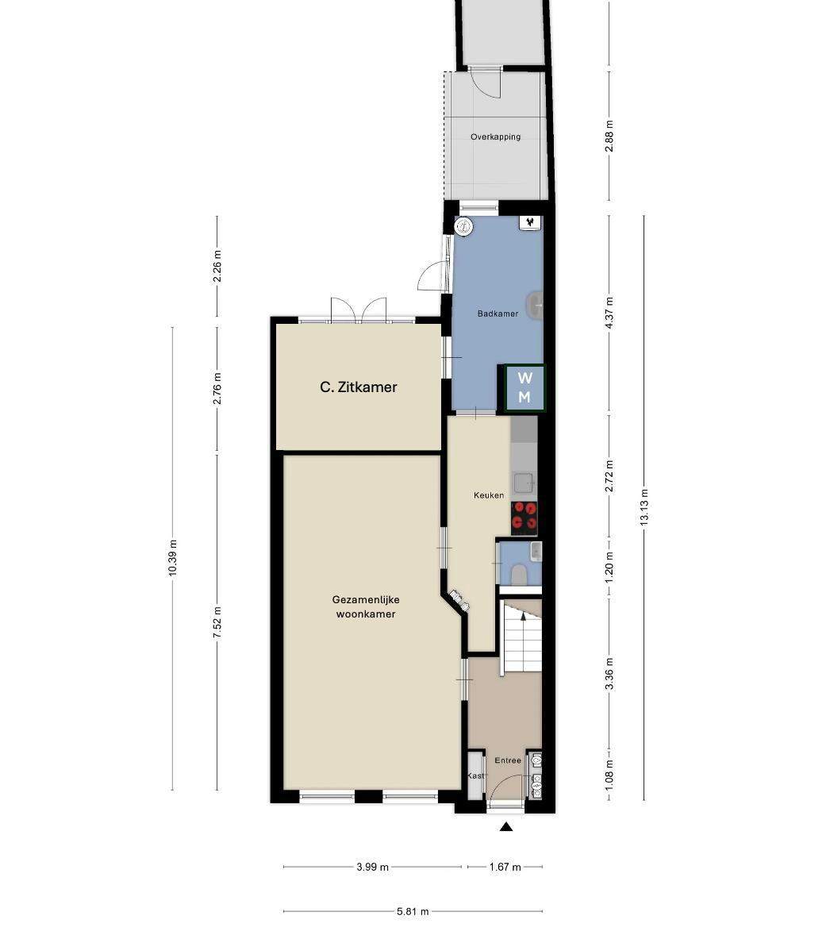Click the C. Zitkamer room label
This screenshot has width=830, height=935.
(x=359, y=387)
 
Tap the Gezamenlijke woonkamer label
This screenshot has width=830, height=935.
(x=366, y=607)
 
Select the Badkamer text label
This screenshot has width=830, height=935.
(x=498, y=313)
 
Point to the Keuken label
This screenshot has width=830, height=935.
(x=489, y=495)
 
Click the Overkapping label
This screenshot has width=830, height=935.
(x=495, y=137)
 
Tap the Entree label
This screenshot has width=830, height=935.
(x=508, y=760)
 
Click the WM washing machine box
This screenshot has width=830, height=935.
(x=525, y=388)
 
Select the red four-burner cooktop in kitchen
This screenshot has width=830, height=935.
(x=525, y=517)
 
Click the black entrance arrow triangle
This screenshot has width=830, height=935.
(x=506, y=826)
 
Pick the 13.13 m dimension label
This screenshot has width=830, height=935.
(x=644, y=506)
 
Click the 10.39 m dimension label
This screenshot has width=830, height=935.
(x=173, y=557)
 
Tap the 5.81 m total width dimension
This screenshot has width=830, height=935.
(x=413, y=911)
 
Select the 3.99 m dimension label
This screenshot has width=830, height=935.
(x=373, y=867)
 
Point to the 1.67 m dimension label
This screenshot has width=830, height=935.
(x=505, y=867)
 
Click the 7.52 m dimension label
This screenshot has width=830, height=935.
(x=217, y=622)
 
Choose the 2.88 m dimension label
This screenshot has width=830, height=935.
(x=609, y=136)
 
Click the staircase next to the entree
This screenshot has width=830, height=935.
(x=521, y=637)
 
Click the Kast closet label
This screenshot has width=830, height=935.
(x=476, y=775)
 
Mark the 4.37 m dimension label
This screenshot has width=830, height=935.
(x=609, y=313)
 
